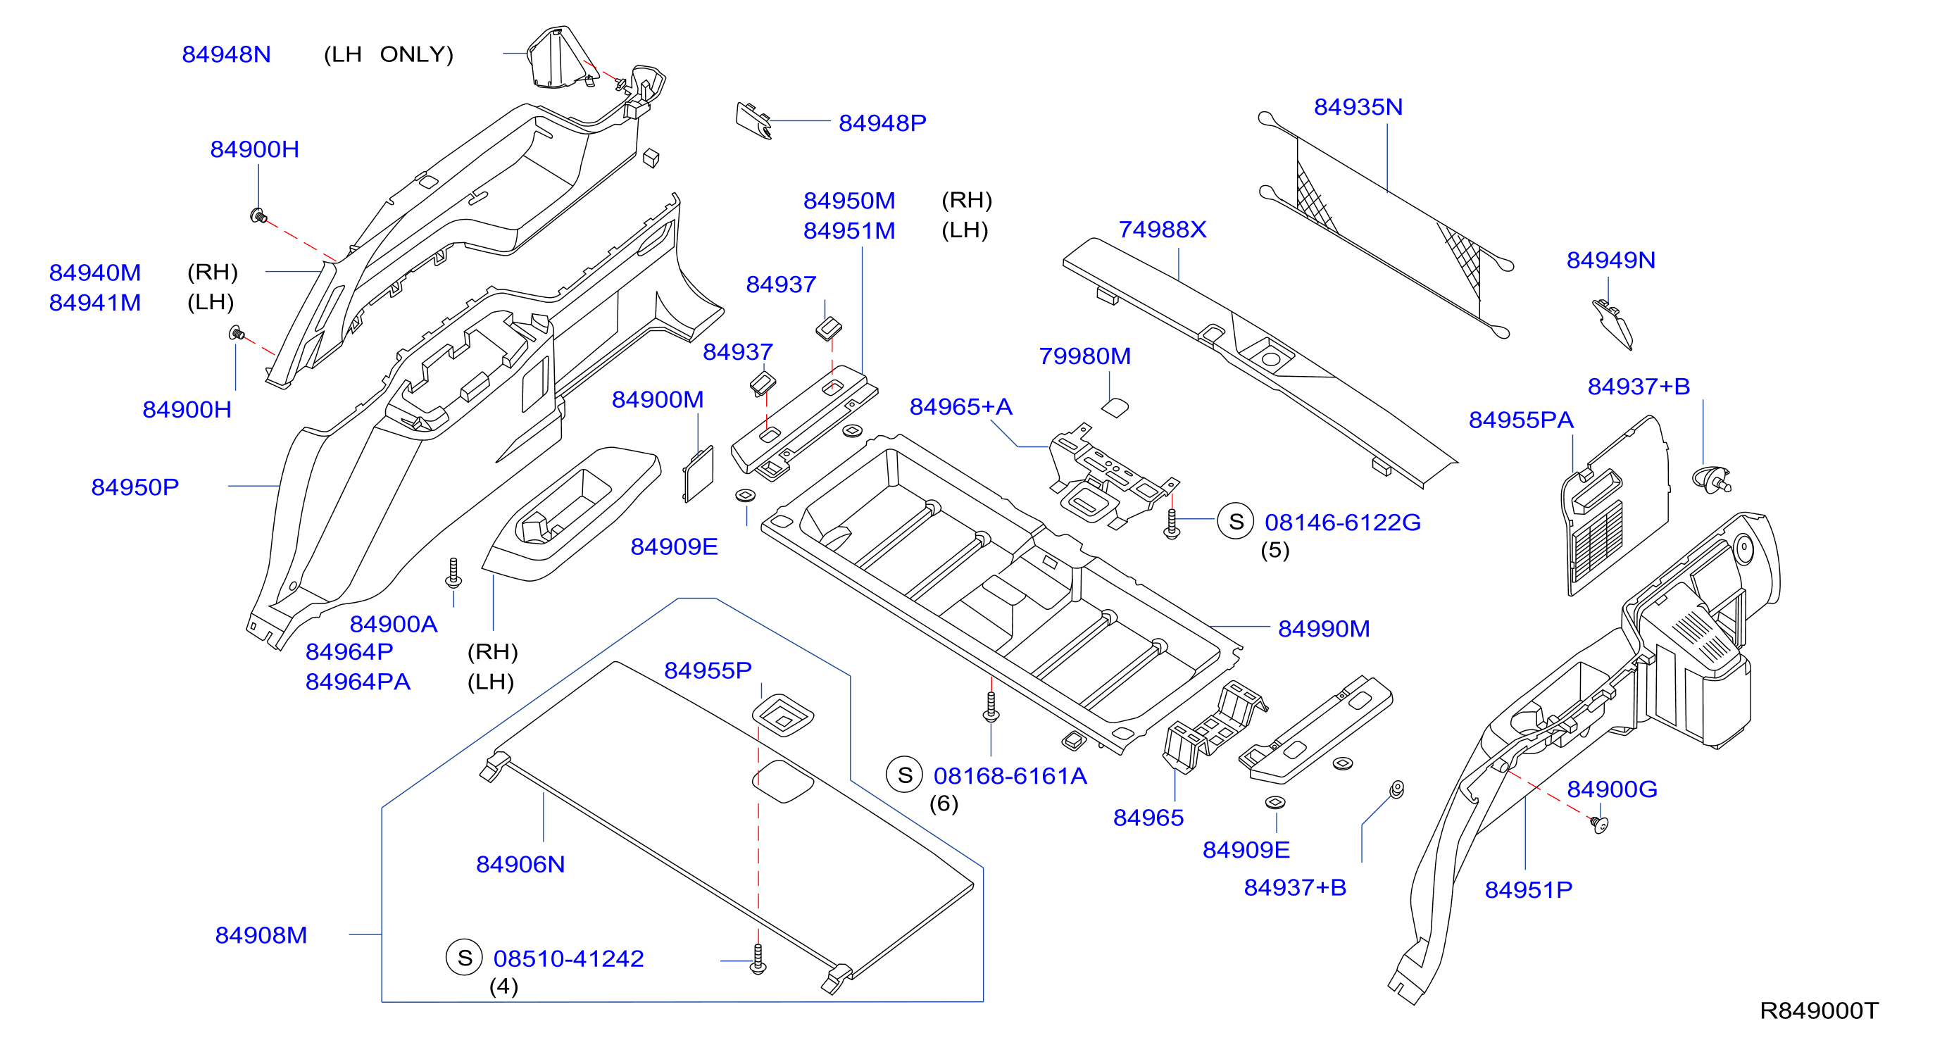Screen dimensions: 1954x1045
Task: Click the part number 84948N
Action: (226, 55)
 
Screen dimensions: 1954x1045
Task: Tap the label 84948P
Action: (882, 123)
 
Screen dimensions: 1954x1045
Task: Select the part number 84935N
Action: (1358, 107)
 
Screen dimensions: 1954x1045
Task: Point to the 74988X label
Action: (1162, 229)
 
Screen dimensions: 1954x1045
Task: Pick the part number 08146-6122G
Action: (1343, 522)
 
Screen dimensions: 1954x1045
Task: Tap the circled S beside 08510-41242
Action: (464, 958)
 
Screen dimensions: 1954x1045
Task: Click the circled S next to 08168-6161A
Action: (904, 775)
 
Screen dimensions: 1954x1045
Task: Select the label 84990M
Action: (1324, 629)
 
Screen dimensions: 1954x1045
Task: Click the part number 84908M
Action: (261, 935)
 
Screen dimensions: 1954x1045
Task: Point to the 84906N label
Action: (520, 865)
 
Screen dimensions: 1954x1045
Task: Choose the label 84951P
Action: (1529, 889)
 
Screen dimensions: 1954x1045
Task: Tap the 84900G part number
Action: (1612, 789)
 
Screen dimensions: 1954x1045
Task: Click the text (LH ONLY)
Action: (389, 55)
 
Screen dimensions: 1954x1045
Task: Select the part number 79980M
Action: (1084, 356)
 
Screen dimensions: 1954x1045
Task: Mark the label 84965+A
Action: (961, 406)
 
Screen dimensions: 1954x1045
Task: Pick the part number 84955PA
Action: (1521, 420)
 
